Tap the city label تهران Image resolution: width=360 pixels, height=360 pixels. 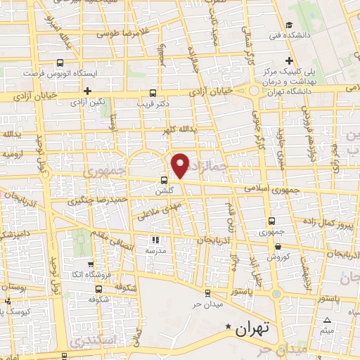(254, 328)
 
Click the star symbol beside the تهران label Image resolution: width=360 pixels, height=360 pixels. (228, 328)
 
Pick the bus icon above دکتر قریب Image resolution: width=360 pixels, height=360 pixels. (153, 92)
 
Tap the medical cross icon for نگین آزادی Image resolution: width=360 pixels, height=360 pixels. (87, 91)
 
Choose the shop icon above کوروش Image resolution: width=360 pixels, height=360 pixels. (280, 246)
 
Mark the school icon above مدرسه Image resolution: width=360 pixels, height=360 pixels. (155, 240)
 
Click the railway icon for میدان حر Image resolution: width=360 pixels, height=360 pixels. (207, 293)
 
